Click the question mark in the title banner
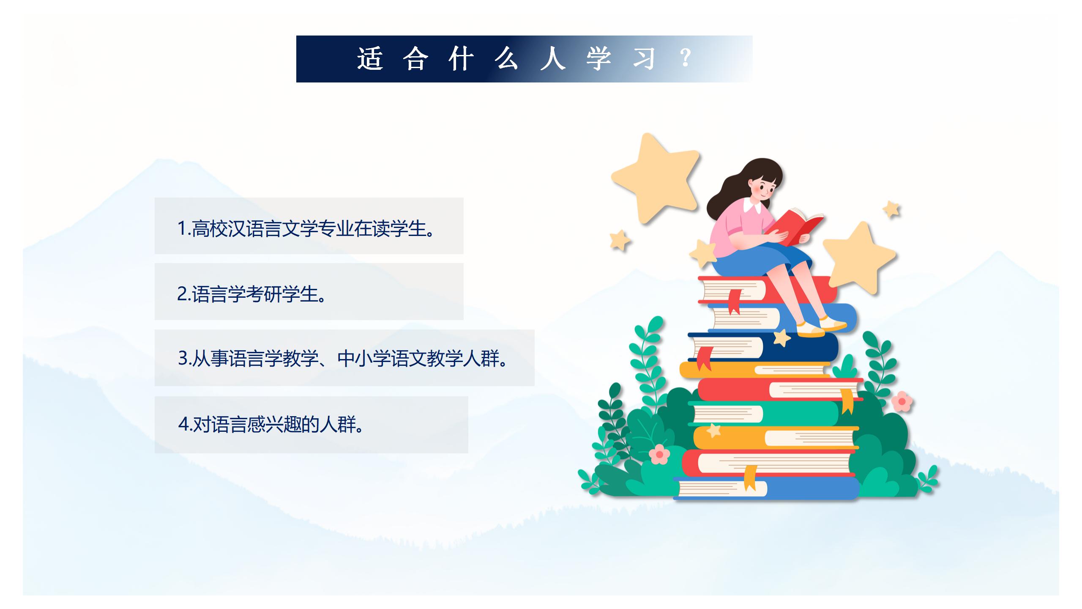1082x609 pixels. pyautogui.click(x=686, y=58)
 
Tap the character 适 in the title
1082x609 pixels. pyautogui.click(x=370, y=58)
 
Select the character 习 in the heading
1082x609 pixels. pyautogui.click(x=643, y=58)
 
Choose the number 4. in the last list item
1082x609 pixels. pyautogui.click(x=185, y=424)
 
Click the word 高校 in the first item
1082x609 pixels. pyautogui.click(x=210, y=228)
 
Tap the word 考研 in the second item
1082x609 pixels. pyautogui.click(x=264, y=294)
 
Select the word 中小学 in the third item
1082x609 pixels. pyautogui.click(x=364, y=359)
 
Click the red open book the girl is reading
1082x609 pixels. pyautogui.click(x=795, y=226)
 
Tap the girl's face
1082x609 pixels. pyautogui.click(x=764, y=189)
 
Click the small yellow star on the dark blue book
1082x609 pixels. pyautogui.click(x=782, y=337)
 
